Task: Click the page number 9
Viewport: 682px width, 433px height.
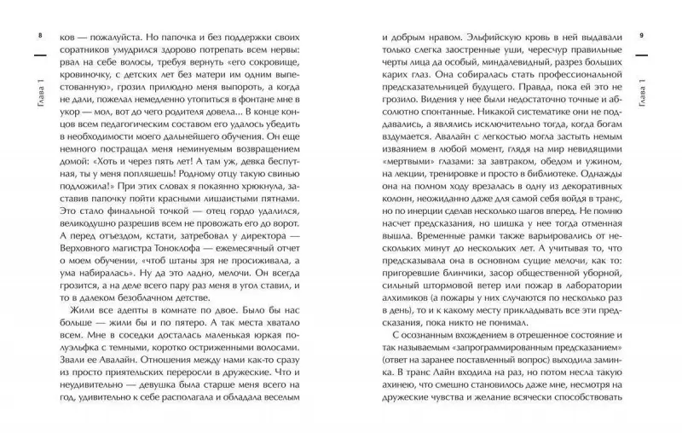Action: pos(650,36)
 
